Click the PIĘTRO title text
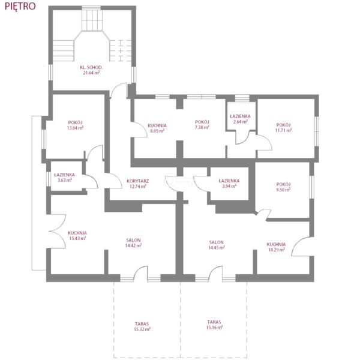coord(20,6)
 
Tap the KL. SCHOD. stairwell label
coord(91,67)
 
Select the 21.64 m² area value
coord(91,73)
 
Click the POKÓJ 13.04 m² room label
coord(75,125)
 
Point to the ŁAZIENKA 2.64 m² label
coord(240,119)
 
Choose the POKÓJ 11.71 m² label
coord(283,128)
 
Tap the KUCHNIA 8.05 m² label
coord(157,128)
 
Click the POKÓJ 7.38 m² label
coord(202,124)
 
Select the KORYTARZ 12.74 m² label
coord(138,184)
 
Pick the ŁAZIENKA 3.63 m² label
coord(65,178)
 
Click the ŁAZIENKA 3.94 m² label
coord(229,184)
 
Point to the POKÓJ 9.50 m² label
coord(283,187)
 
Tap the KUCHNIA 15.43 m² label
coord(77,236)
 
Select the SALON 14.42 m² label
coord(133,243)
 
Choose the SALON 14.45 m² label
coord(216,245)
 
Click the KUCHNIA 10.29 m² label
coord(276,247)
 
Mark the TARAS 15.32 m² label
coord(142,326)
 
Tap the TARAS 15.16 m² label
coord(214,325)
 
